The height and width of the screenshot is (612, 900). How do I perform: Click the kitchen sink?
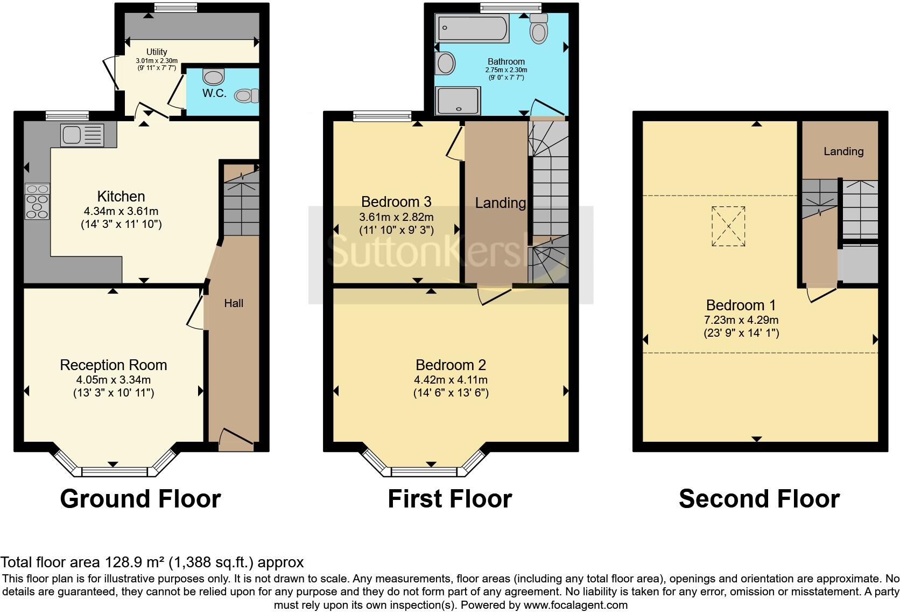point(75,135)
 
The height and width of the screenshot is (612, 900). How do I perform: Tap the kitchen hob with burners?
point(37,201)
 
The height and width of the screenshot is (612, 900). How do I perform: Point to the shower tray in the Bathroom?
point(458,101)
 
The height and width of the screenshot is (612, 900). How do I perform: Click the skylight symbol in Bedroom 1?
point(728,226)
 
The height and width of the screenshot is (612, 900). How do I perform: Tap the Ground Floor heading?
point(140,499)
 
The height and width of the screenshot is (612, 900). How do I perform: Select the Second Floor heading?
point(759,499)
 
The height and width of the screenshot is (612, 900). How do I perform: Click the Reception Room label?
point(114,365)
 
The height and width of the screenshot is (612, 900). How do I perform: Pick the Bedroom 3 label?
point(396,202)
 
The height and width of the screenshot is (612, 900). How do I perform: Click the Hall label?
point(234,303)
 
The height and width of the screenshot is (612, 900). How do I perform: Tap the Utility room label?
point(157,52)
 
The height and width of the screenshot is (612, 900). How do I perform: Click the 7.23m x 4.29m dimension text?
point(741,320)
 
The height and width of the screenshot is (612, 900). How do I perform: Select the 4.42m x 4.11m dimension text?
point(451,380)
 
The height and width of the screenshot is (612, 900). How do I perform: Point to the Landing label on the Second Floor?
point(843,152)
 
